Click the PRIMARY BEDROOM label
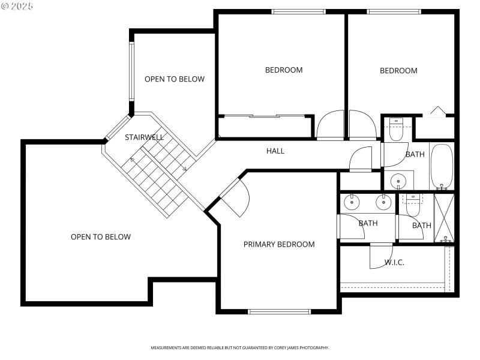[278, 244]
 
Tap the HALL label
[275, 151]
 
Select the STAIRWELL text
[144, 137]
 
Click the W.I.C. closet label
[394, 262]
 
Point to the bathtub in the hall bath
[443, 166]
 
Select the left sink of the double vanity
[350, 202]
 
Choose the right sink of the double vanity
[382, 202]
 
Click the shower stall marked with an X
[445, 217]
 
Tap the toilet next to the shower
[413, 205]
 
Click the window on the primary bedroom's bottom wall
[280, 311]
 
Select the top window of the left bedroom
[298, 11]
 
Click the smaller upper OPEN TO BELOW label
[175, 79]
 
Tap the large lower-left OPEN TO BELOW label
[101, 237]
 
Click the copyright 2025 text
[17, 5]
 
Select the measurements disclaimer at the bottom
[239, 348]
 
